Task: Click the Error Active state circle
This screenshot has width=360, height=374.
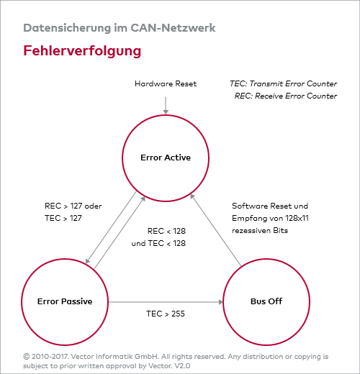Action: click(x=166, y=158)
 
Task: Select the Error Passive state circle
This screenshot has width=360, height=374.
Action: click(x=65, y=301)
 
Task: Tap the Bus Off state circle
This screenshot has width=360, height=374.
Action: click(x=265, y=301)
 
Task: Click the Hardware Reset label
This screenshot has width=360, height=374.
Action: click(x=166, y=84)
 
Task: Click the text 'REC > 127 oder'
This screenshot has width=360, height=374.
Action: click(x=73, y=205)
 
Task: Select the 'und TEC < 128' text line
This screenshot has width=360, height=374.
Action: click(x=158, y=243)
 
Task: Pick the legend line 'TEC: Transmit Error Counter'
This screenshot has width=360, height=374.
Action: click(x=282, y=84)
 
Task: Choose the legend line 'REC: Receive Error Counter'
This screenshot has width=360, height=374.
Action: click(x=285, y=96)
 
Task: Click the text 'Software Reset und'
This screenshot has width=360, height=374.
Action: click(x=270, y=205)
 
